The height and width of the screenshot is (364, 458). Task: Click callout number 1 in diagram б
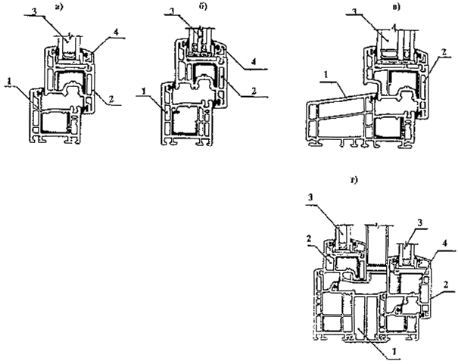pyautogui.click(x=141, y=92)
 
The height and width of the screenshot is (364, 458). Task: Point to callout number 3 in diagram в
pyautogui.click(x=354, y=12)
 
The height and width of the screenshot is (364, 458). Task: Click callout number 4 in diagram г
pyautogui.click(x=447, y=242)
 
